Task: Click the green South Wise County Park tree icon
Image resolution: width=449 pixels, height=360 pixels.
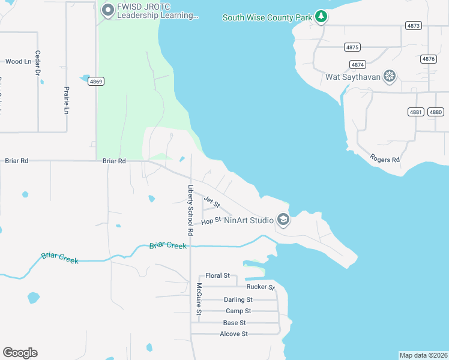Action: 322,17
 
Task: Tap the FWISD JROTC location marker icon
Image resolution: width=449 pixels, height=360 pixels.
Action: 108,10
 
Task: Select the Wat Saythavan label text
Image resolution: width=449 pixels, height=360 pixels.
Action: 353,77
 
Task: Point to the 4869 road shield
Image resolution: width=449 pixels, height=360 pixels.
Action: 96,81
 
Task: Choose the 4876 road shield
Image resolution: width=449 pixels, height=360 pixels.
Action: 429,59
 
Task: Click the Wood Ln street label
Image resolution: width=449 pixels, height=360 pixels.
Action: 17,61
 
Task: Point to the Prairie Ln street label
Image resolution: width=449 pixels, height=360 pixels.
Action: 67,100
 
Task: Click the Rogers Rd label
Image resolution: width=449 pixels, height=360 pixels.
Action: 385,159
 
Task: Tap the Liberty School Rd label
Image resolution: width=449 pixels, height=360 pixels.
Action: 190,209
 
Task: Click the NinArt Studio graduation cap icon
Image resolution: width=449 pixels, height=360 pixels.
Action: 283,220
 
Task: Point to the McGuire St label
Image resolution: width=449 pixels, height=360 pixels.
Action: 199,299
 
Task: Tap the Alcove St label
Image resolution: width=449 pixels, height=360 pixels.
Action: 234,334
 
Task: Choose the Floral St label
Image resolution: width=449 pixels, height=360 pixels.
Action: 217,275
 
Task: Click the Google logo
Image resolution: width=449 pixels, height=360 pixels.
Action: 20,353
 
